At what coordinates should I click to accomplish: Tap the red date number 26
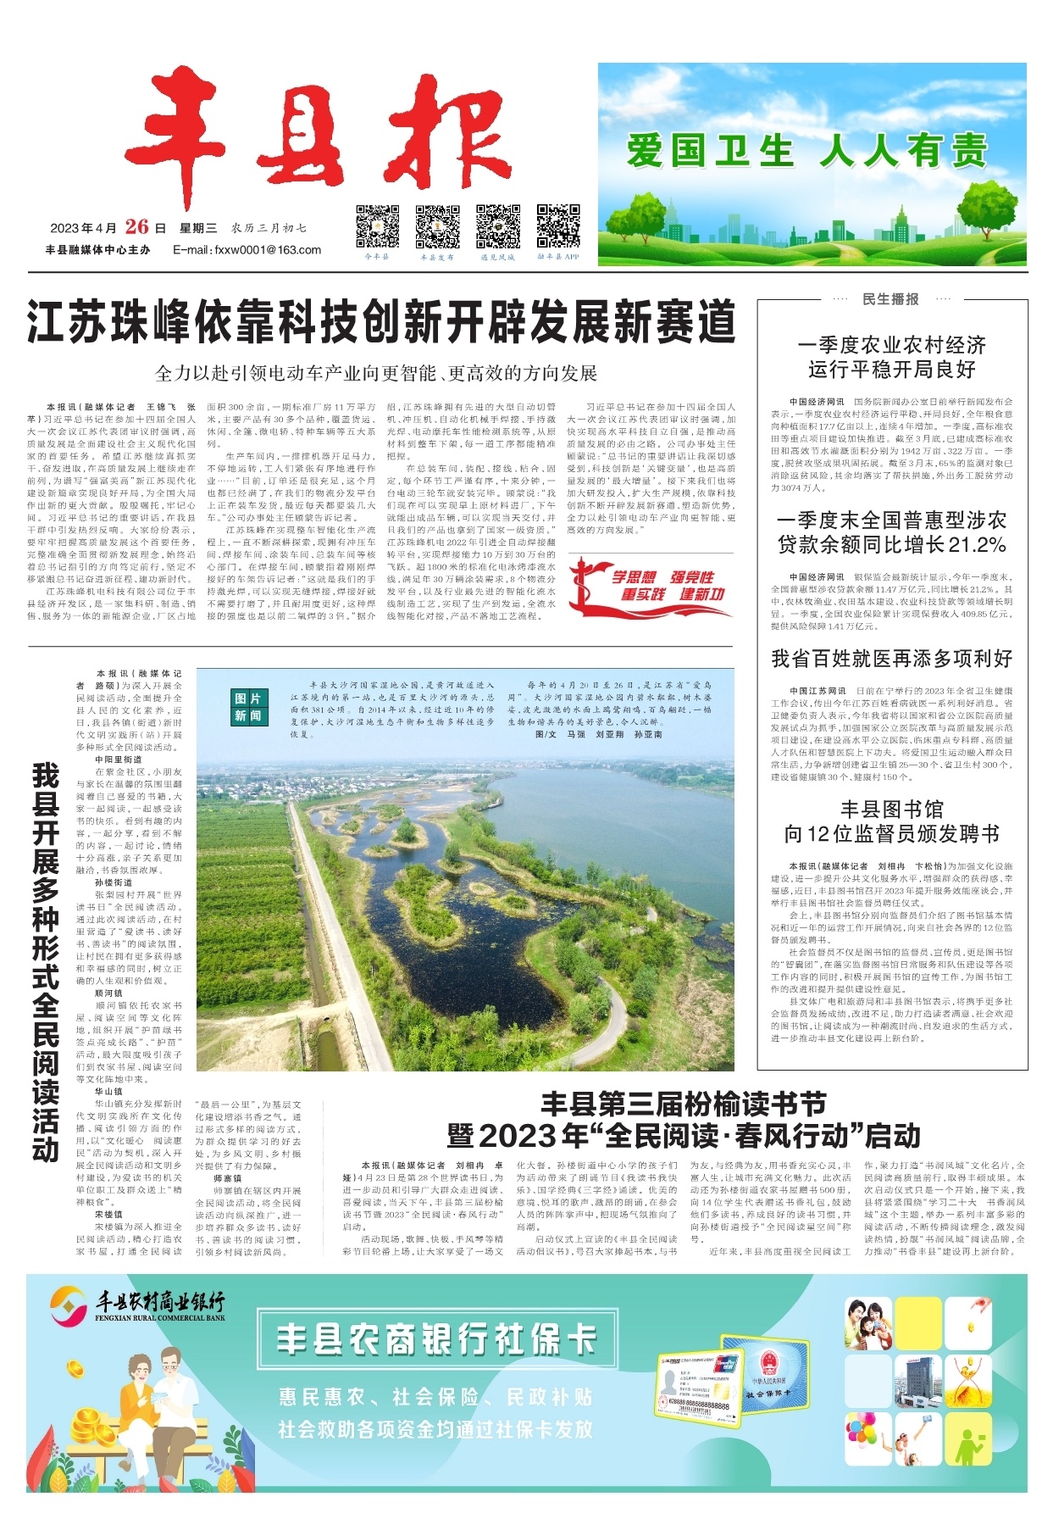(136, 226)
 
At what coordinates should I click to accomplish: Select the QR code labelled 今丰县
(376, 226)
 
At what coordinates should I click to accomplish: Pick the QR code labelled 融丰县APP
(558, 226)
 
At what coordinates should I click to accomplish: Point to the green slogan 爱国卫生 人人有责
(807, 151)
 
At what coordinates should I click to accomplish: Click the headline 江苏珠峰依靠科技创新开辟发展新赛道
(380, 322)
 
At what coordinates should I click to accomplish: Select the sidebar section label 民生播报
(890, 299)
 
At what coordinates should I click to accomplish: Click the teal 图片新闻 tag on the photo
(248, 706)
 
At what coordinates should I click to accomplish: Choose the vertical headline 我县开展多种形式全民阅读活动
(46, 962)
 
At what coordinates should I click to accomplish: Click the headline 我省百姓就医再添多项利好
(891, 659)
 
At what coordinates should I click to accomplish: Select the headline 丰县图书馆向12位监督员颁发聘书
(891, 821)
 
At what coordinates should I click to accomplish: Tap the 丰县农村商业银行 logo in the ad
(137, 1305)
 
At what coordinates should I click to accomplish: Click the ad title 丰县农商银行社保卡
(436, 1340)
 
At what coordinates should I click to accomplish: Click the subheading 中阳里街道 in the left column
(119, 759)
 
